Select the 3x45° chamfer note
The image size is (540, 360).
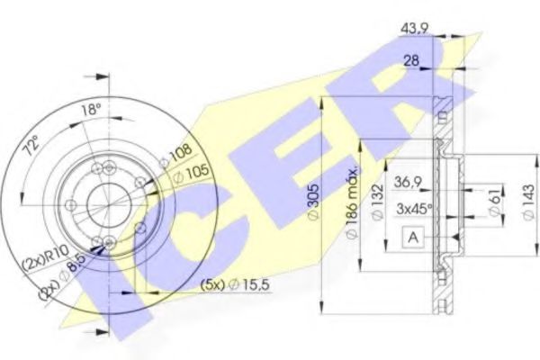(x=415, y=209)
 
